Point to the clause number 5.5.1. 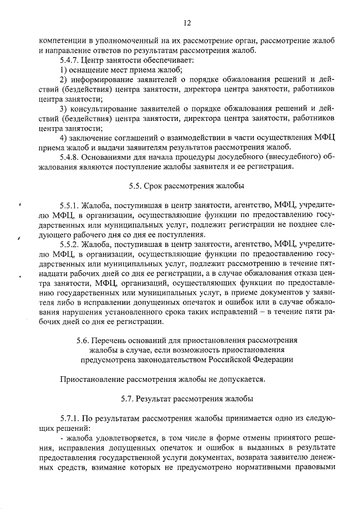pos(69,205)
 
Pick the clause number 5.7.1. pos(69,418)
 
